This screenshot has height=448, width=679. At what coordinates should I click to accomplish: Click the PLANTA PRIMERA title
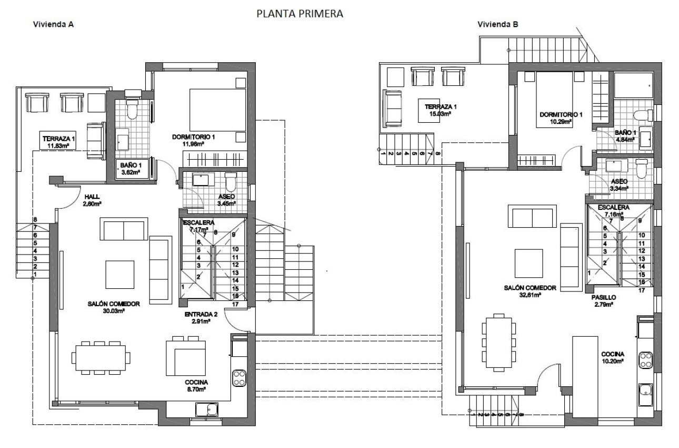pos(299,14)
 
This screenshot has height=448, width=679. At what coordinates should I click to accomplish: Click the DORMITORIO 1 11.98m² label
pos(194,141)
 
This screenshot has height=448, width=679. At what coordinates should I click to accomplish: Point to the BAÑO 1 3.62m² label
pos(129,168)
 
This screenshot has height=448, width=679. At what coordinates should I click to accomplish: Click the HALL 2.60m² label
pos(92,200)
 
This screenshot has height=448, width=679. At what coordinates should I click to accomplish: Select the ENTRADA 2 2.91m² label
pos(197,317)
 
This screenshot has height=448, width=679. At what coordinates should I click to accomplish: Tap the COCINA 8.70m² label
pos(196,385)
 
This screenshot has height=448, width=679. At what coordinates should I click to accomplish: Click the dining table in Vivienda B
pos(497,341)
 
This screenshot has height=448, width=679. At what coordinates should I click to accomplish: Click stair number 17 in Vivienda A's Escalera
pos(236,304)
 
